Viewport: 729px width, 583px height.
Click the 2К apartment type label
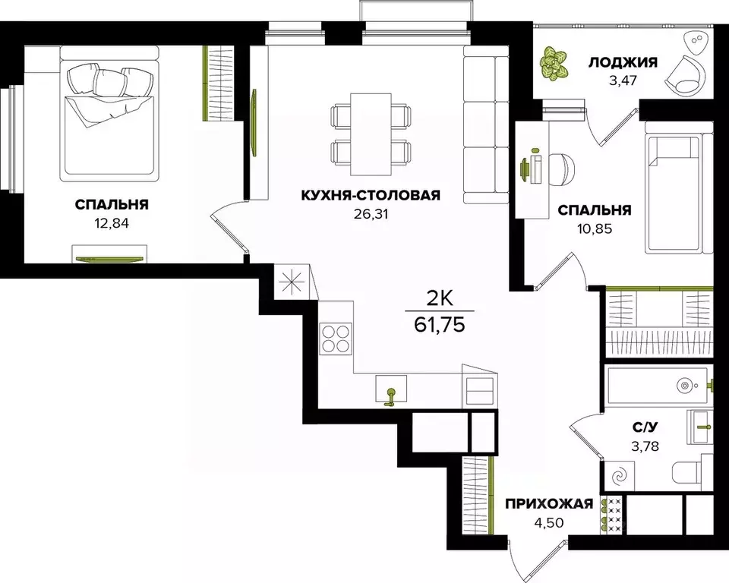click(440, 297)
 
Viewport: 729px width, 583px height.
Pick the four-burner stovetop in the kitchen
click(335, 338)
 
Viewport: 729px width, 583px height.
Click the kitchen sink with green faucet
click(391, 389)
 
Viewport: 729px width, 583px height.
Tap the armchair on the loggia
click(690, 74)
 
